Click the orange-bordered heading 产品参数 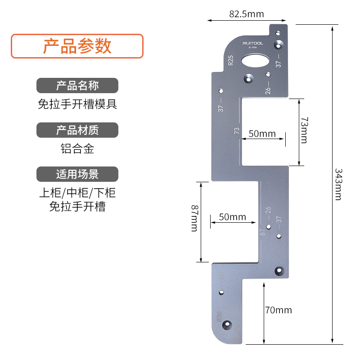pyautogui.click(x=77, y=46)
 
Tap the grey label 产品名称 pyautogui.click(x=77, y=85)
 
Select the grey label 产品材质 pyautogui.click(x=77, y=130)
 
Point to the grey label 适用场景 pyautogui.click(x=77, y=174)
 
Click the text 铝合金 pyautogui.click(x=77, y=149)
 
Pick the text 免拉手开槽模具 pyautogui.click(x=77, y=104)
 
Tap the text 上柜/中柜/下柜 pyautogui.click(x=77, y=193)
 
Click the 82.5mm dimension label pyautogui.click(x=246, y=14)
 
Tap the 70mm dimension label pyautogui.click(x=279, y=310)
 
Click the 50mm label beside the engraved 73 pyautogui.click(x=262, y=134)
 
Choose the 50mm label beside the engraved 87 pyautogui.click(x=232, y=217)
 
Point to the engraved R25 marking pyautogui.click(x=230, y=61)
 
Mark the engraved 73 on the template pyautogui.click(x=237, y=131)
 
